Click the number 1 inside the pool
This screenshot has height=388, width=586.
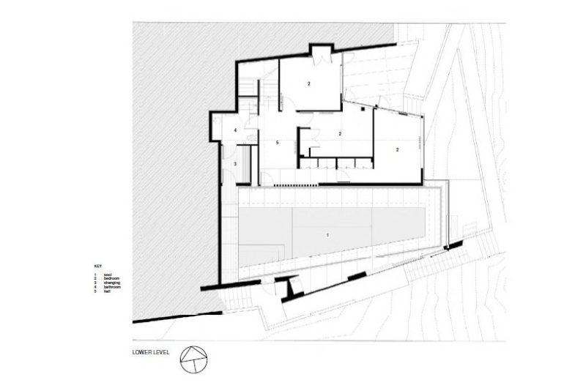(328, 234)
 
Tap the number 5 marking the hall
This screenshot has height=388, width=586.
(277, 142)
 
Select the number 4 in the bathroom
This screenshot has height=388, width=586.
(235, 130)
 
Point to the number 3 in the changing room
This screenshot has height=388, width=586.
(235, 165)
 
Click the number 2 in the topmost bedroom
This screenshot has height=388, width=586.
(309, 84)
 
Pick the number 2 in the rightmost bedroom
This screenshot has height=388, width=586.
(396, 149)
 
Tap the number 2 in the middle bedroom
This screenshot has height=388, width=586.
(340, 133)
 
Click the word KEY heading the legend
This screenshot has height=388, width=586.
(97, 265)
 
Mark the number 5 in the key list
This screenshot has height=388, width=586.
(95, 292)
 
